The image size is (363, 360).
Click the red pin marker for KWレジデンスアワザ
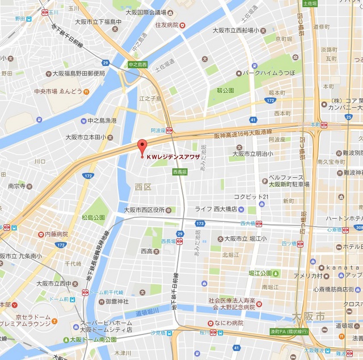[142, 145]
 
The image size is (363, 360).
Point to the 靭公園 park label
[225, 90]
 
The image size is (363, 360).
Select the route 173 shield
[200, 224]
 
